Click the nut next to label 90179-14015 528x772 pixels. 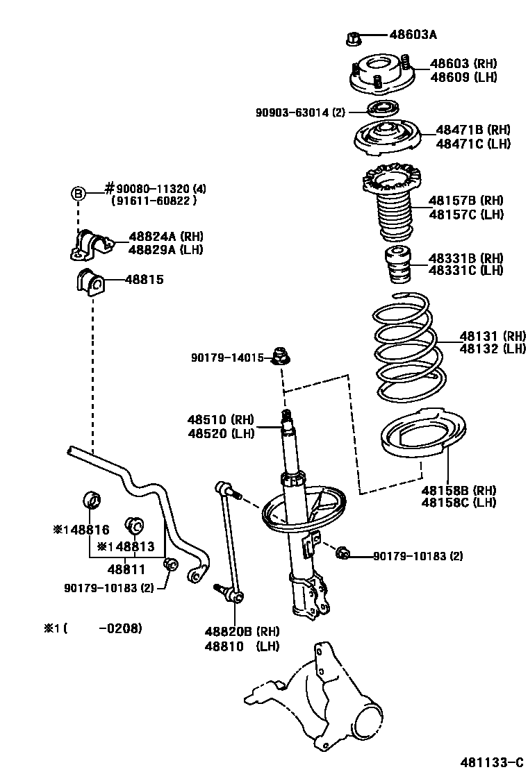pos(282,357)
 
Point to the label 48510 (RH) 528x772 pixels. pos(220,419)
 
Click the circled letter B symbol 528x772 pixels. pos(79,194)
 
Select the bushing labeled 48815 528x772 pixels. pos(88,281)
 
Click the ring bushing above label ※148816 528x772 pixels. pos(92,498)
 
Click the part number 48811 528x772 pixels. pos(126,570)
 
